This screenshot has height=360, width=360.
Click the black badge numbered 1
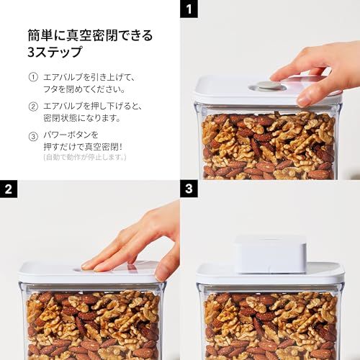click(189, 9)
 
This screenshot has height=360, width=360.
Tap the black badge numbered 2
click(9, 189)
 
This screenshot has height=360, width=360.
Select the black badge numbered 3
click(189, 189)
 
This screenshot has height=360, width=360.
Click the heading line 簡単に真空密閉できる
click(90, 35)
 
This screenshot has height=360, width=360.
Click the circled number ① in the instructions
click(33, 77)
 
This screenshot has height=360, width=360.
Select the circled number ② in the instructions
click(33, 106)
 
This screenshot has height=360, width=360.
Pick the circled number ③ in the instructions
click(33, 135)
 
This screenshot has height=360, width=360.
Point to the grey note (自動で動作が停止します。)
click(84, 156)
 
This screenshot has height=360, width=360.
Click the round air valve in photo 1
click(269, 86)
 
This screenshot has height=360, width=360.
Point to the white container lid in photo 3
click(216, 272)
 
